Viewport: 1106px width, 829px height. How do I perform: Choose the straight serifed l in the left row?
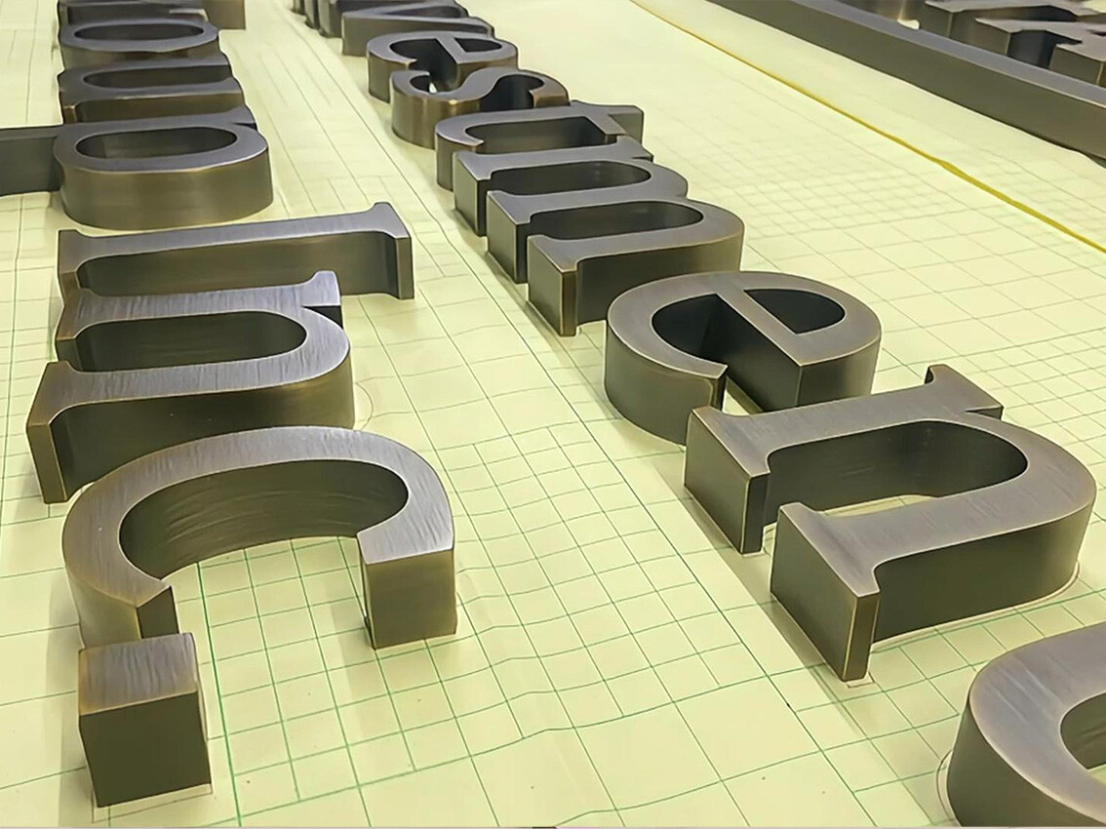[234, 254]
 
